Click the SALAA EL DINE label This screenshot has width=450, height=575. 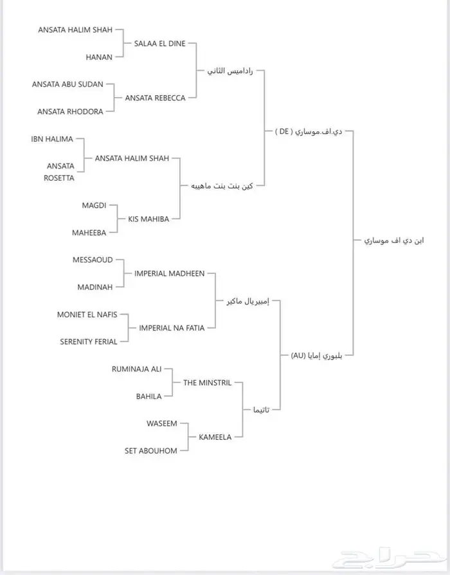(159, 44)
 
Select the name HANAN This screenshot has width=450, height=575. (99, 57)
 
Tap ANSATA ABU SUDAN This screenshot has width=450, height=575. (72, 85)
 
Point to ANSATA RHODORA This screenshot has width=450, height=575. (70, 112)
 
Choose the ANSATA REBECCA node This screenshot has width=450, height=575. (155, 98)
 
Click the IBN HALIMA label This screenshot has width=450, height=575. (52, 139)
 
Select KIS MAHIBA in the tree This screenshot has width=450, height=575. (148, 219)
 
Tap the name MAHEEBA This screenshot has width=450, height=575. (89, 233)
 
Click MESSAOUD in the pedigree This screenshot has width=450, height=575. (93, 260)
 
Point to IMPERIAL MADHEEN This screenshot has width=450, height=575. (169, 273)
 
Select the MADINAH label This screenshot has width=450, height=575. (94, 287)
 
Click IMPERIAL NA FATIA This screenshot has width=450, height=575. (172, 328)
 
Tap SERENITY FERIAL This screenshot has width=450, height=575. (89, 342)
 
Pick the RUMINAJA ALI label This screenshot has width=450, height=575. (136, 369)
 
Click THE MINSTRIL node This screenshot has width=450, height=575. (207, 383)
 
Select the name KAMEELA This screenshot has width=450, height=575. (215, 437)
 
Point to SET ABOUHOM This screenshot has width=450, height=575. (150, 451)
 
